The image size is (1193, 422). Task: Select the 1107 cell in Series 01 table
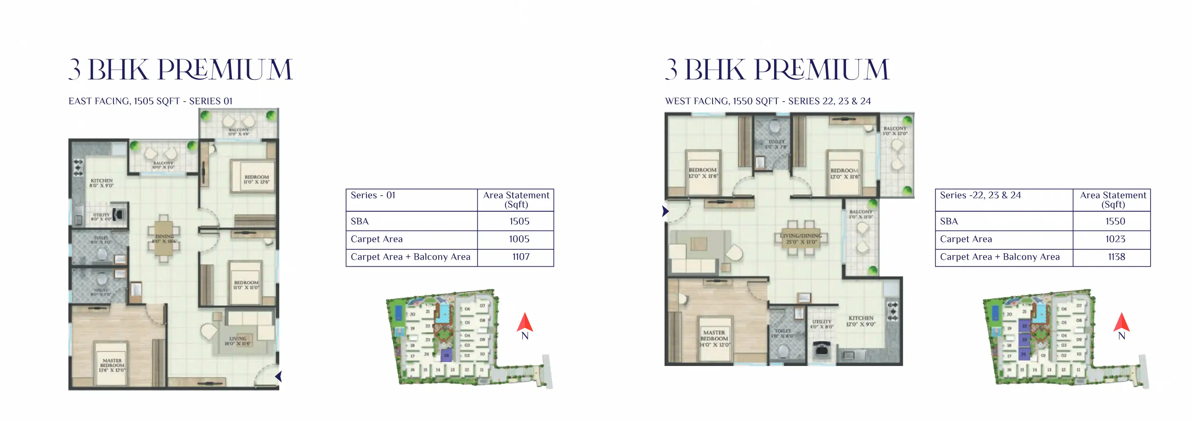tap(521, 257)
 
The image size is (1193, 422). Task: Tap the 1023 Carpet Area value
tap(1115, 239)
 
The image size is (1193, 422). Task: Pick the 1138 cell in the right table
tap(1116, 257)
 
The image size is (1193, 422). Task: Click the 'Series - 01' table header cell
tap(373, 195)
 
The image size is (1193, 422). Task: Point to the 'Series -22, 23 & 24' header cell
tap(980, 195)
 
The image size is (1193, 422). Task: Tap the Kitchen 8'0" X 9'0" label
tap(101, 183)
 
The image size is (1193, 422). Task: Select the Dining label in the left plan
tap(164, 239)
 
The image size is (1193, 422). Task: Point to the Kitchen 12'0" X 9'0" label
tap(861, 321)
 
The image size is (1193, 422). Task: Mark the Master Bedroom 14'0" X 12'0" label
tap(714, 339)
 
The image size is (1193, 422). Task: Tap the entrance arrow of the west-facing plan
tap(666, 211)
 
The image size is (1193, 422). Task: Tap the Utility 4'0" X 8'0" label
tap(822, 324)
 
